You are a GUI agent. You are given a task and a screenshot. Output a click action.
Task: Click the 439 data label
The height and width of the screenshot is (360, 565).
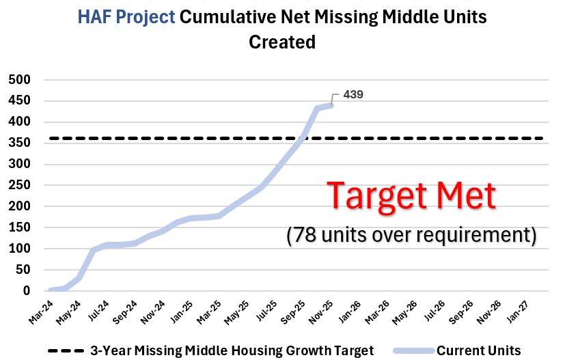(x=353, y=95)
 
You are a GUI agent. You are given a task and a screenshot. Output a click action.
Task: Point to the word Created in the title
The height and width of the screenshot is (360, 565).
(x=281, y=42)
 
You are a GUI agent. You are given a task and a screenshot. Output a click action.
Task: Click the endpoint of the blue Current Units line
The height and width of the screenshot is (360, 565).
(x=331, y=105)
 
